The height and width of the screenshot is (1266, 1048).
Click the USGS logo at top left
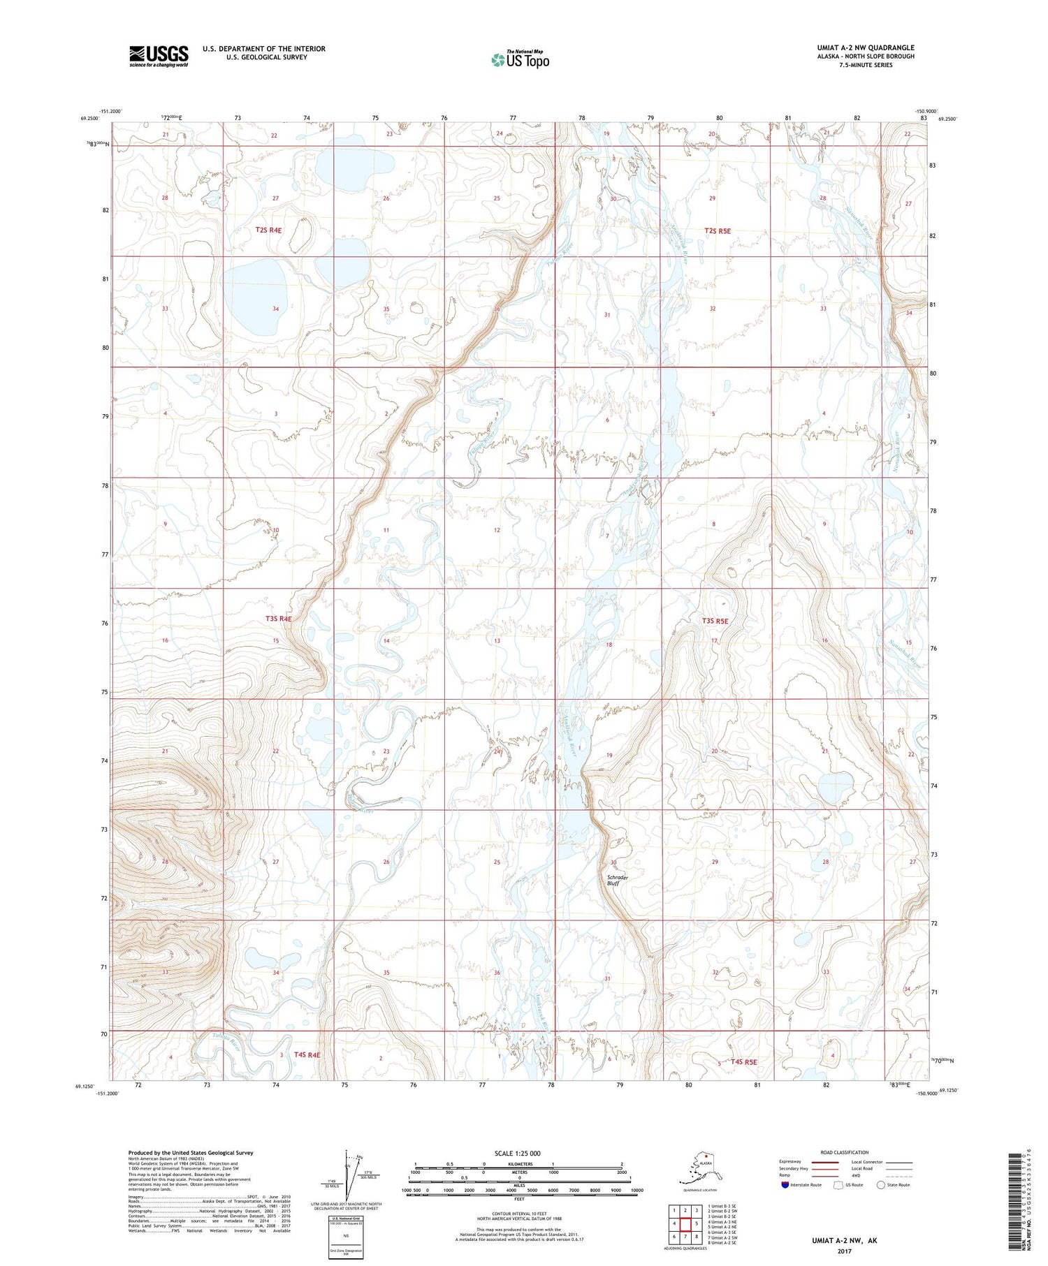pos(159,55)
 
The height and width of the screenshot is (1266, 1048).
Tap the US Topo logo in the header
pos(520,59)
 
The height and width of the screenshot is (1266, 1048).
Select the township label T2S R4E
pos(268,230)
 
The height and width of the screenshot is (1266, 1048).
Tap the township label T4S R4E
pos(307,1054)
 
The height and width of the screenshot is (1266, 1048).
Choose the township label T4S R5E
pos(744,1062)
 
